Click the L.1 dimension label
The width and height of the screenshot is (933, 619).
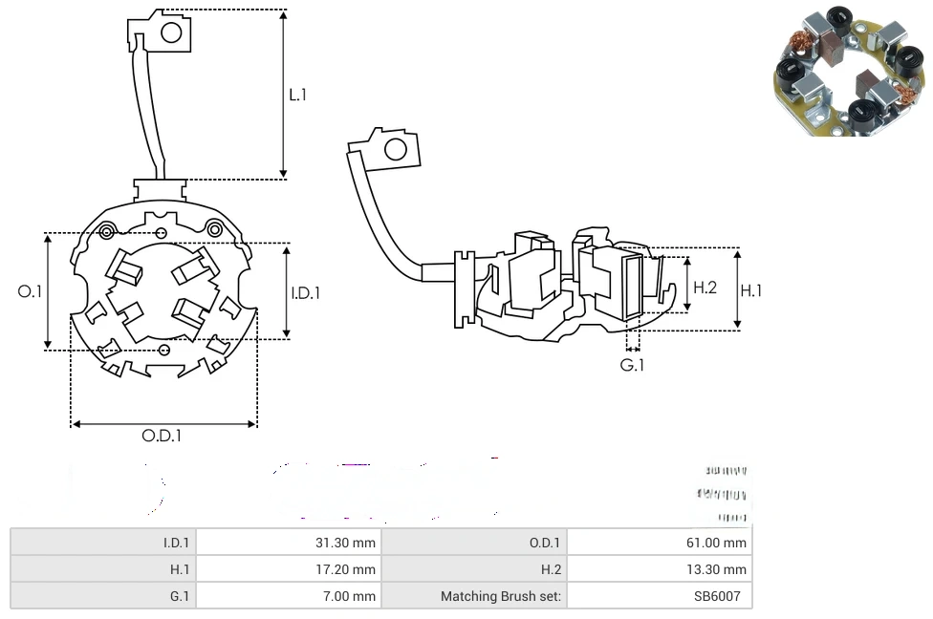tap(298, 95)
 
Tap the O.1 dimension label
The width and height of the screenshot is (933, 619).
tap(31, 291)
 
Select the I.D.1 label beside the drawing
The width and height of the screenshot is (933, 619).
tap(305, 293)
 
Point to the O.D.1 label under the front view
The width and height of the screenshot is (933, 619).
tap(162, 436)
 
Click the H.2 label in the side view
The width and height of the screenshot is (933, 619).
tap(705, 287)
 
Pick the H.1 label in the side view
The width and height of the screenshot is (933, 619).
tap(751, 290)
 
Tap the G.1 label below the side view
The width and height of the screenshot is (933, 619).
tap(632, 365)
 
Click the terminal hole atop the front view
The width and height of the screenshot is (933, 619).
tap(171, 33)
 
